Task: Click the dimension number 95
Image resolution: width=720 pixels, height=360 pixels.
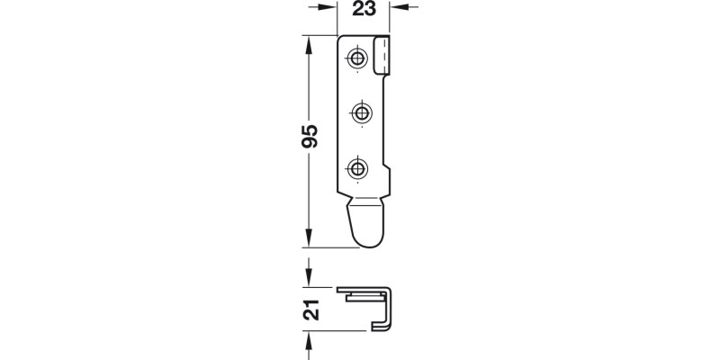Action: (310, 134)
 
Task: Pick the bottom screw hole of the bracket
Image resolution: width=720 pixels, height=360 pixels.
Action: (359, 167)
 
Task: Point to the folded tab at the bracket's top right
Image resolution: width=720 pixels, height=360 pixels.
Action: (382, 56)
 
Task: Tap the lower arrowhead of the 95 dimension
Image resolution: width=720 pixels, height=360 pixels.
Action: (309, 239)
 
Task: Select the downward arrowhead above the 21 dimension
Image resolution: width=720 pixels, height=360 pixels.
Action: (309, 275)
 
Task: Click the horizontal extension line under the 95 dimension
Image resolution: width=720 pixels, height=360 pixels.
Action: (324, 247)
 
